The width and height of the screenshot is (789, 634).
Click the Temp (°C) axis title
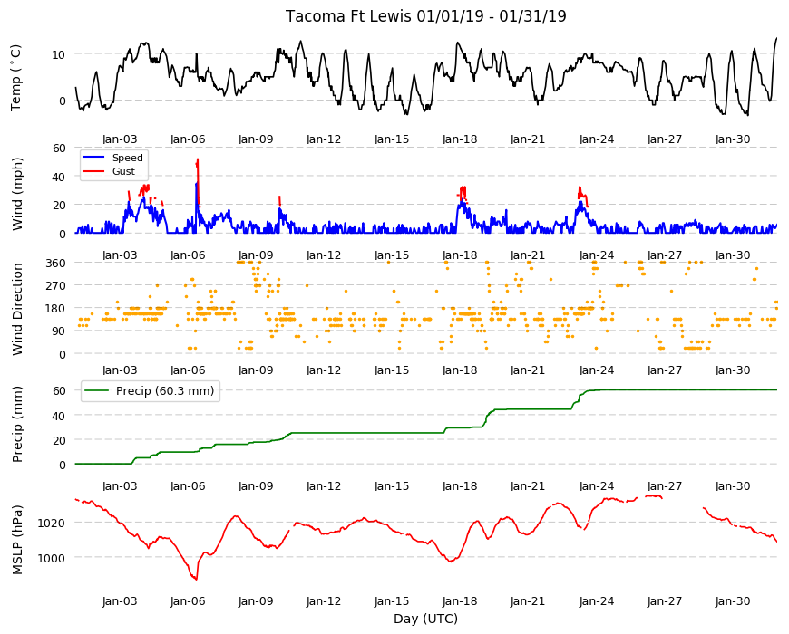pyautogui.click(x=16, y=77)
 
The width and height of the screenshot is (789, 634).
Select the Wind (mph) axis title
pyautogui.click(x=17, y=194)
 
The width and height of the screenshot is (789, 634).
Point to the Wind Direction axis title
pyautogui.click(x=17, y=309)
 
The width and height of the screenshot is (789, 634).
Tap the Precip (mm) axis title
pyautogui.click(x=17, y=424)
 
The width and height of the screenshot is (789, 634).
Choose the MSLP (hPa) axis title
pyautogui.click(x=17, y=540)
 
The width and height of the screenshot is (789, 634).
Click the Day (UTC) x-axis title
pyautogui.click(x=425, y=619)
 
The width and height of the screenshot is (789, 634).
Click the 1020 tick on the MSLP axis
pyautogui.click(x=52, y=523)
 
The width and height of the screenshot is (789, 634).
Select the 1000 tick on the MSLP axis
pyautogui.click(x=52, y=558)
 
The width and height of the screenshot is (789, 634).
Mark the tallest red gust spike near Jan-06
pyautogui.click(x=198, y=159)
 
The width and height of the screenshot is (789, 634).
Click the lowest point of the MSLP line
pyautogui.click(x=196, y=580)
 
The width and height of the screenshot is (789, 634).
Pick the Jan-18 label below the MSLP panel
pyautogui.click(x=460, y=601)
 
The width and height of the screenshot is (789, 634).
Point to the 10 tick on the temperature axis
pyautogui.click(x=59, y=54)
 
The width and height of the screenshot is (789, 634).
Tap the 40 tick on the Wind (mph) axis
pyautogui.click(x=59, y=177)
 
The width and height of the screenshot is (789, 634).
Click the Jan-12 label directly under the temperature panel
pyautogui.click(x=324, y=139)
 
